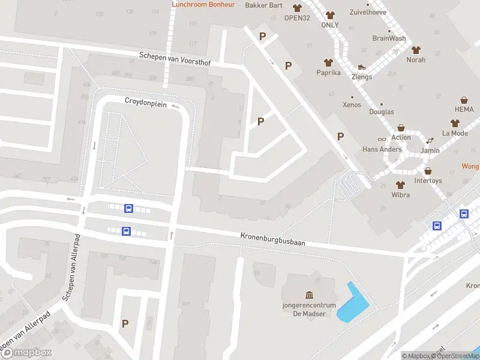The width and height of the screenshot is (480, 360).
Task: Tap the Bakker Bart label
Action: pos(264,5)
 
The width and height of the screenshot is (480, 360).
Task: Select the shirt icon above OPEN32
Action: pos(297,8)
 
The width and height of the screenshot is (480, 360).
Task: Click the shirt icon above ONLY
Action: pos(330,15)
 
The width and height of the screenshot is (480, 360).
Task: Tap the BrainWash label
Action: pos(389,38)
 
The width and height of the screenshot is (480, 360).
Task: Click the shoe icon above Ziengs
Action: pos(362,67)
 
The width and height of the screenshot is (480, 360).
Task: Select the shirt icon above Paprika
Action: pos(328,62)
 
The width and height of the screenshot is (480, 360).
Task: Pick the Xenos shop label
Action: pos(352,105)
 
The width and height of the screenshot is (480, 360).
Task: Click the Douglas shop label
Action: pos(382,112)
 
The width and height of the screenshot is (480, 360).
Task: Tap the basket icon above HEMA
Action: pos(464,100)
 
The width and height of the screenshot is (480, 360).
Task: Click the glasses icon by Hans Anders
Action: pos(382,139)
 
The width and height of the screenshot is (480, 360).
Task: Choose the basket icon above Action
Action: pos(401,128)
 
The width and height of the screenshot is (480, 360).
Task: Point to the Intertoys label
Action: pos(428,180)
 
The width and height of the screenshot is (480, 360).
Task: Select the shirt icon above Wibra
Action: pos(400,185)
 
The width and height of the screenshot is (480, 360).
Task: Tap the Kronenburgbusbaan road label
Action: pos(273,238)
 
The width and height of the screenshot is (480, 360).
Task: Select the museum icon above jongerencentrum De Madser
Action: pos(309,295)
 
